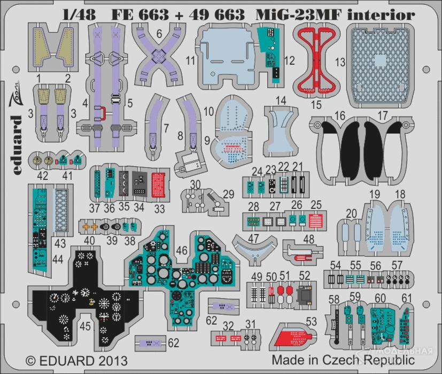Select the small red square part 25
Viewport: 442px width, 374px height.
(315, 221)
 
